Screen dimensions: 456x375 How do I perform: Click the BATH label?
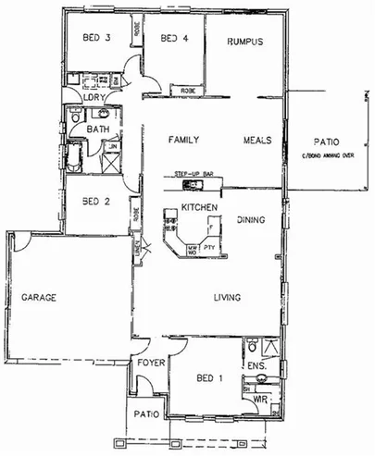pyautogui.click(x=98, y=129)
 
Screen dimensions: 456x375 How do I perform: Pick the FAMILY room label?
pyautogui.click(x=184, y=140)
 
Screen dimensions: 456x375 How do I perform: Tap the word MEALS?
pyautogui.click(x=256, y=140)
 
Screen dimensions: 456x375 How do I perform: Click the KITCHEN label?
pyautogui.click(x=198, y=206)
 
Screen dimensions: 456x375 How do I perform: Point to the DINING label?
pyautogui.click(x=251, y=219)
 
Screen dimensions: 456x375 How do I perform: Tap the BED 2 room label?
pyautogui.click(x=96, y=201)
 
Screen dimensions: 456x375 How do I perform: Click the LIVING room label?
pyautogui.click(x=227, y=298)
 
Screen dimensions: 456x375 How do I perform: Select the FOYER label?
pyautogui.click(x=150, y=364)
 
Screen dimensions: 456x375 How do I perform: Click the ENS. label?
pyautogui.click(x=257, y=366)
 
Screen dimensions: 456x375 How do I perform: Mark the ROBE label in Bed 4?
pyautogui.click(x=188, y=91)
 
